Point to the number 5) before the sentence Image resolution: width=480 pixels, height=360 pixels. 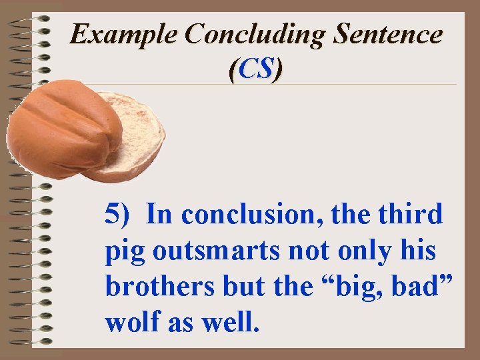pos(120,215)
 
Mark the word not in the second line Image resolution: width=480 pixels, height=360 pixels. pos(314,252)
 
